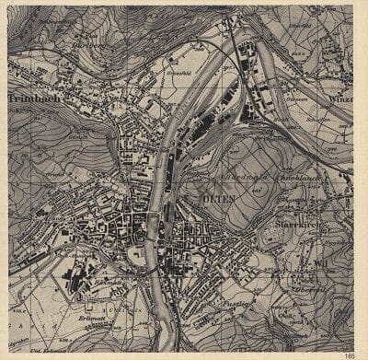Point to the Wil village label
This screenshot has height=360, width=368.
pyautogui.click(x=322, y=261)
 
